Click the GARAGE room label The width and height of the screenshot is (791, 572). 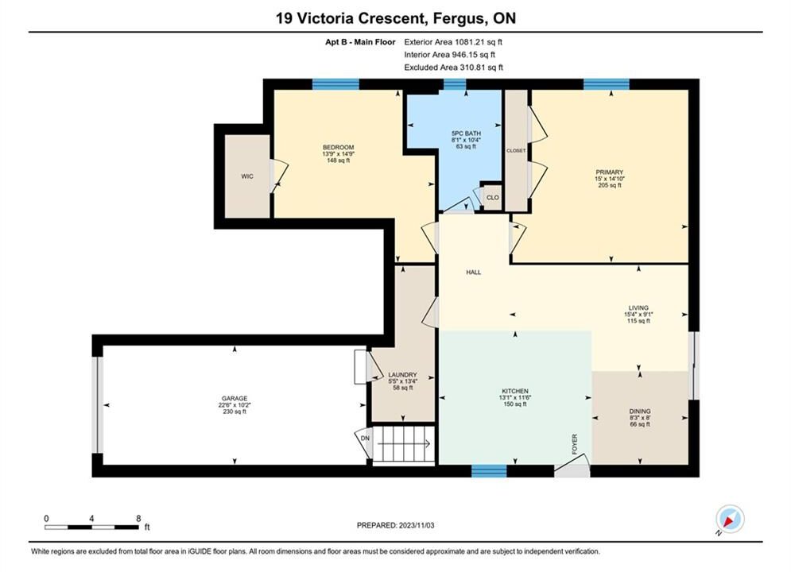point(235,398)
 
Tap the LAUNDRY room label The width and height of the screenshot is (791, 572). point(402,375)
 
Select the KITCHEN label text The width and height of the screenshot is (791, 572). point(515,391)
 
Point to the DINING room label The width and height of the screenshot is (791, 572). point(640,412)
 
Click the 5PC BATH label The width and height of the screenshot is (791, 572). point(466,133)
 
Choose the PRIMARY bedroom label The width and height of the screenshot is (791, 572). point(610,172)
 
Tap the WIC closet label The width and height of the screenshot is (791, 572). point(247,176)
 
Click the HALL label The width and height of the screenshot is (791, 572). point(473,272)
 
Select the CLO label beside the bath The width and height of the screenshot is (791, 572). point(493,198)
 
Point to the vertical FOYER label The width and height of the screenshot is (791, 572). point(575,444)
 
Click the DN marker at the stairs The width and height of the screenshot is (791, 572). point(365,439)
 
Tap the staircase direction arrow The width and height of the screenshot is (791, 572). point(404,444)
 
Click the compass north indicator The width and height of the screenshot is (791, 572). point(730,519)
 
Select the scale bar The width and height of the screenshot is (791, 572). point(91,528)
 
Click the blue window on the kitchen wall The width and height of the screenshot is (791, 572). point(489,471)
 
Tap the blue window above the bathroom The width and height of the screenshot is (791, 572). point(455,84)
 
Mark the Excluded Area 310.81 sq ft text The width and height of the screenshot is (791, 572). point(453,68)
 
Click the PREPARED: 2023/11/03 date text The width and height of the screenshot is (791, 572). point(396,525)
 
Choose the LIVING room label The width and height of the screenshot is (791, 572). point(638,308)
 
